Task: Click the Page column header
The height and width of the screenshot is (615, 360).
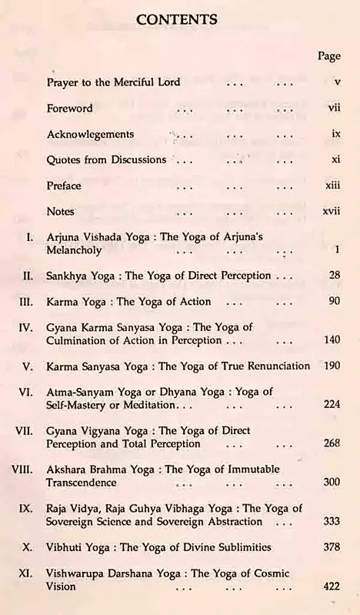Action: click(328, 56)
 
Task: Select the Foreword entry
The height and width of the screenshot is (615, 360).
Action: click(69, 109)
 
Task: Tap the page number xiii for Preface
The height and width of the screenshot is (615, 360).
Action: click(332, 186)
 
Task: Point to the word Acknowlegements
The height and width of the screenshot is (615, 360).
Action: click(90, 134)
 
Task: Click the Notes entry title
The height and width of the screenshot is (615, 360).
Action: click(61, 211)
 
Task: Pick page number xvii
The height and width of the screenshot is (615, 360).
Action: click(332, 211)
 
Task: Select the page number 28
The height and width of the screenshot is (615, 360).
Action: click(334, 276)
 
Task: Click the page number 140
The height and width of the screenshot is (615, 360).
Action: click(332, 340)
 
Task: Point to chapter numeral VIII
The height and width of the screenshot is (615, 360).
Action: click(25, 470)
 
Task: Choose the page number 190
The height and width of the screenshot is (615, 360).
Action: click(332, 366)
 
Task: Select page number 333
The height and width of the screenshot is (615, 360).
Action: click(332, 522)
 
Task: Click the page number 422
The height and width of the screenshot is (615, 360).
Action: click(332, 587)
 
